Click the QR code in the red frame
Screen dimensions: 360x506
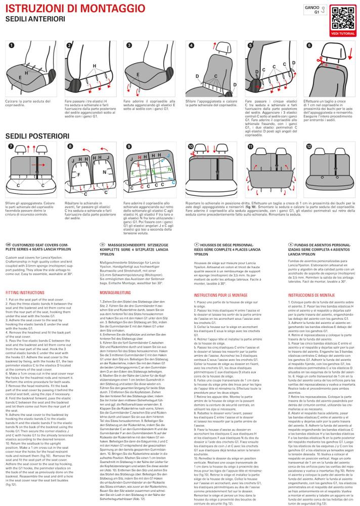click(343, 18)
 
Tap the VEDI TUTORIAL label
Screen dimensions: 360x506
click(343, 33)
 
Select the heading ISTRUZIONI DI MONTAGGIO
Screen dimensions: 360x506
click(75, 9)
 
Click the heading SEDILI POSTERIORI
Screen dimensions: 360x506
click(37, 136)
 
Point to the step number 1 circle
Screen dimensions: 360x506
click(12, 45)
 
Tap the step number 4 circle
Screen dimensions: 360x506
click(191, 45)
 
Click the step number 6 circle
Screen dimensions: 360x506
click(309, 45)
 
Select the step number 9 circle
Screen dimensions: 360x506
click(129, 147)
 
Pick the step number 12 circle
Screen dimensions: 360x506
click(309, 147)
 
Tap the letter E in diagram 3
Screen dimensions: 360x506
click(138, 74)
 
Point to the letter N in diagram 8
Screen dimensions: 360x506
click(105, 172)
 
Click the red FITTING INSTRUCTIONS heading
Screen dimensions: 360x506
click(25, 292)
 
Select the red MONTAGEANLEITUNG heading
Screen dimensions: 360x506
click(115, 292)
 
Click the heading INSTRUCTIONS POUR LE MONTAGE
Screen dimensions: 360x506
click(220, 295)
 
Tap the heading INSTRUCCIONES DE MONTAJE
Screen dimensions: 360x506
click(311, 295)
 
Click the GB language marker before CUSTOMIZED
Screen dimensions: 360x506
click(9, 244)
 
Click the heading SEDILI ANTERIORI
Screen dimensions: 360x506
click(35, 19)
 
